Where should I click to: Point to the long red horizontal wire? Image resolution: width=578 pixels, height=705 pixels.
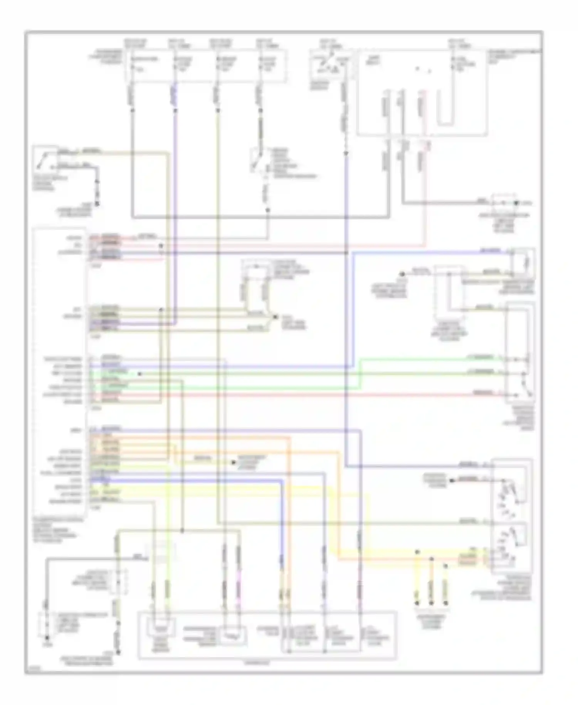click(308, 395)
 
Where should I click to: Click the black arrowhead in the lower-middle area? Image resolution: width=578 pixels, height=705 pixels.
click(234, 462)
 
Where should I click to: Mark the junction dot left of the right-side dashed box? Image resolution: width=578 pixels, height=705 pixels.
click(402, 274)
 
